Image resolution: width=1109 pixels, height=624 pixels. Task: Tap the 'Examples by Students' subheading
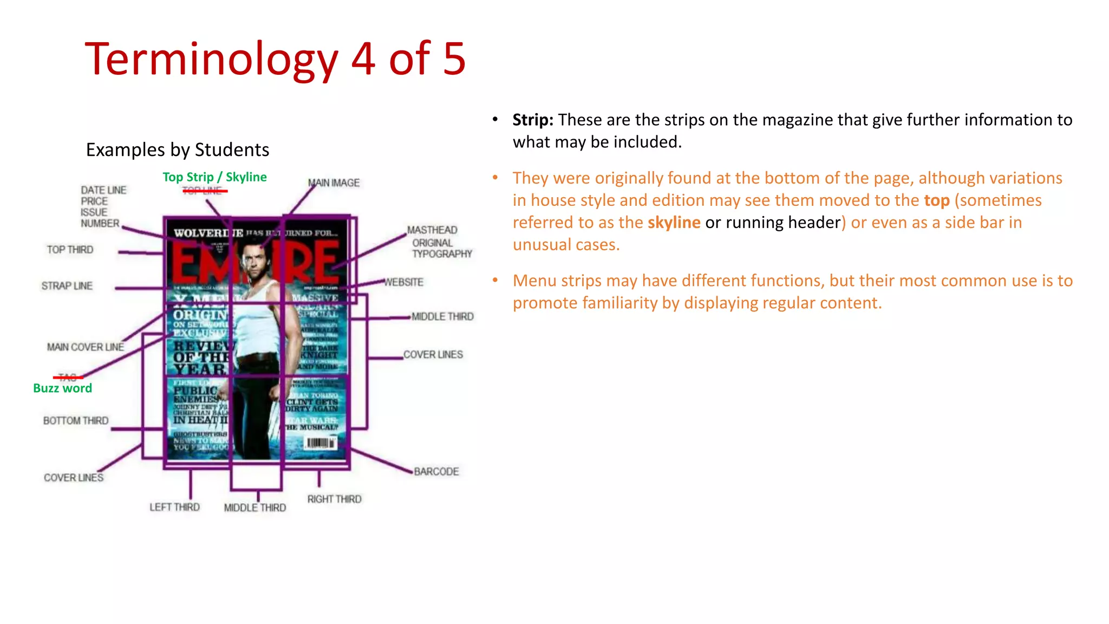pos(178,149)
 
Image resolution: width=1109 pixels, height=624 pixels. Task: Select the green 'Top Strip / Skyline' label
pos(214,177)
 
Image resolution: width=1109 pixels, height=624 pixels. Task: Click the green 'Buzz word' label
pos(62,388)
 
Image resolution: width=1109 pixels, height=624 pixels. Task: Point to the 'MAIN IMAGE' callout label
pos(334,183)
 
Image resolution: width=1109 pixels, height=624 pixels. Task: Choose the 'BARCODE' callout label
pos(436,472)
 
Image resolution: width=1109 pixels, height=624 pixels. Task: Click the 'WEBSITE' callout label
pos(404,282)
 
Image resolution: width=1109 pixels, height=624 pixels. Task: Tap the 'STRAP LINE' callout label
pos(67,286)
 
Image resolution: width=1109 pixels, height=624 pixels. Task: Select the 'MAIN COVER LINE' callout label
pos(85,347)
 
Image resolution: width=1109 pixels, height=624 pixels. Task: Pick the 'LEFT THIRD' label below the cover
pos(174,507)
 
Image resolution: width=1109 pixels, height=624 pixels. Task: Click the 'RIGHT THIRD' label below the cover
pos(334,499)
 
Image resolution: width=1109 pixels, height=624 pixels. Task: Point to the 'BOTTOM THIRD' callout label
pos(76,421)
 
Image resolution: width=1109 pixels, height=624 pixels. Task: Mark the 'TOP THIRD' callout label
pos(70,250)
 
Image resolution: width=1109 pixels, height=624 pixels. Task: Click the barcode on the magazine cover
pos(321,443)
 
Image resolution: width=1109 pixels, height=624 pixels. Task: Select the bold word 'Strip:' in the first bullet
pos(533,120)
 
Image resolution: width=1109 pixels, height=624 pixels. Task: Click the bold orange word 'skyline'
pos(674,223)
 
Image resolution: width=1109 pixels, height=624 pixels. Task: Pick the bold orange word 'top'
pos(936,200)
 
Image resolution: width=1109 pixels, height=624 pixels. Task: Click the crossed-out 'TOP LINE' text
pos(203,191)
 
